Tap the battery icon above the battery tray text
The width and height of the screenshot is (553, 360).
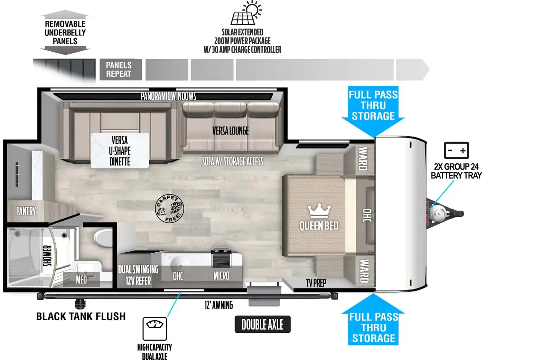click(x=456, y=150)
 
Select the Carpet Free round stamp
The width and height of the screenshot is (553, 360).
click(x=169, y=209)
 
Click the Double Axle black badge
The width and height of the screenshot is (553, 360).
click(x=262, y=324)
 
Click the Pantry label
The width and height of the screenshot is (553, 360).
click(x=26, y=211)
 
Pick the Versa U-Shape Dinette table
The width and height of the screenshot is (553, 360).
click(x=120, y=151)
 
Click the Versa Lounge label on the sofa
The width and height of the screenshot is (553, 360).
click(x=230, y=131)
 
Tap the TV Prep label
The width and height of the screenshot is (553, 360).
click(x=316, y=283)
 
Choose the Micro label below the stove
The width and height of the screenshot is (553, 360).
click(x=221, y=276)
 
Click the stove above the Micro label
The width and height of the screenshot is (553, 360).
click(x=221, y=257)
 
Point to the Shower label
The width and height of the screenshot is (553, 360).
click(x=47, y=256)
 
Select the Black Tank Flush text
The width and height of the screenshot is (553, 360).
click(x=81, y=316)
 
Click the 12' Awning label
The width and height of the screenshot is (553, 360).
click(x=218, y=305)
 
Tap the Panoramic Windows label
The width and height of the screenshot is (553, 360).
click(x=168, y=96)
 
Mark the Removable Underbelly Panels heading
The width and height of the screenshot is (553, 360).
click(x=65, y=33)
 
